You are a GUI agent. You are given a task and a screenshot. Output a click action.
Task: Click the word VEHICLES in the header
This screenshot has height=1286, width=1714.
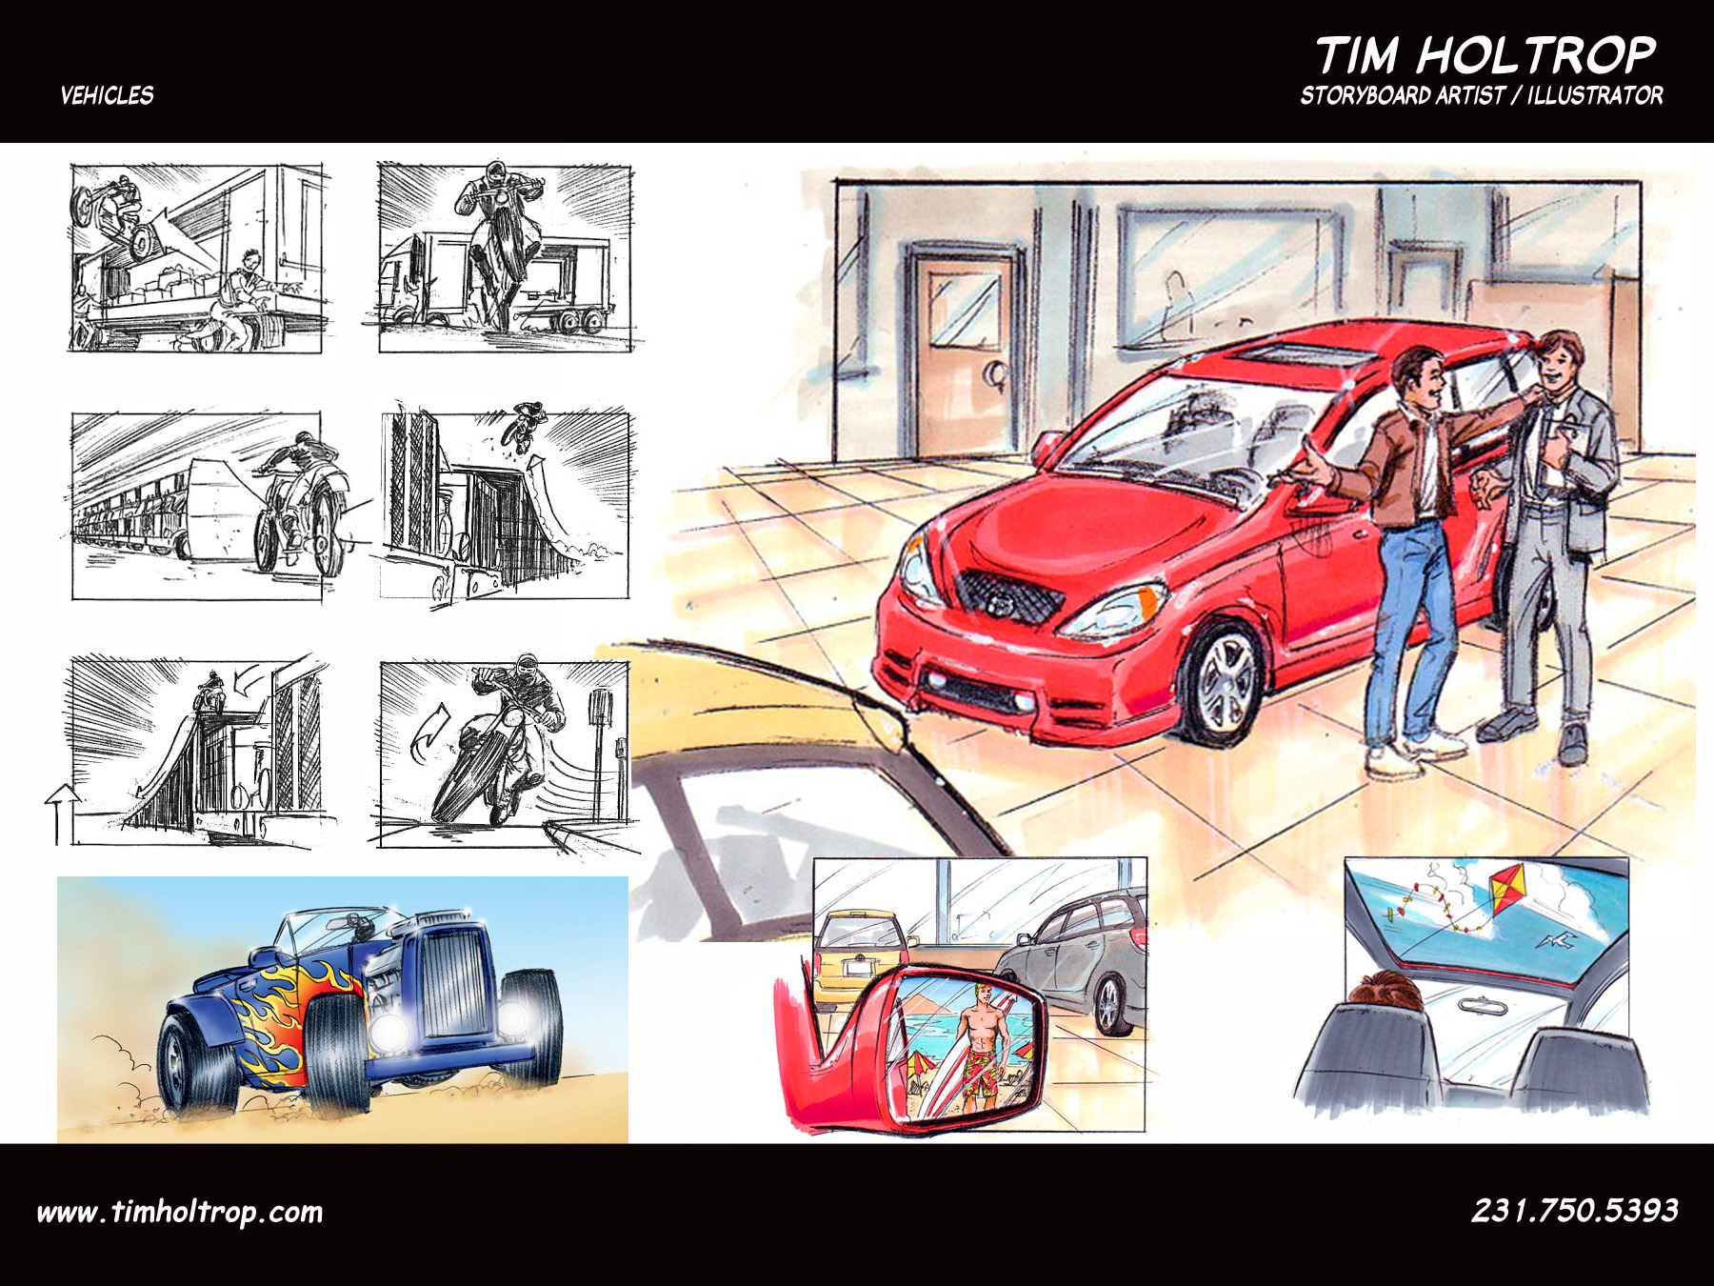click(x=107, y=95)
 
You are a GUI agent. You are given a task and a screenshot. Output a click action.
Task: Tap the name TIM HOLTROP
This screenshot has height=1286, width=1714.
click(x=1485, y=55)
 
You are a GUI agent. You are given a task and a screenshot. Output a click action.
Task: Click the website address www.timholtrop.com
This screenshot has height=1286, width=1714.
click(x=180, y=1212)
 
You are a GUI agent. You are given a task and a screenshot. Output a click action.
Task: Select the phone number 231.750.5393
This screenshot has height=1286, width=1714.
click(x=1575, y=1210)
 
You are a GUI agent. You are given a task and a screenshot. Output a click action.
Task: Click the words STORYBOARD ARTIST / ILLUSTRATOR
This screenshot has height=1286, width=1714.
click(x=1482, y=95)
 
